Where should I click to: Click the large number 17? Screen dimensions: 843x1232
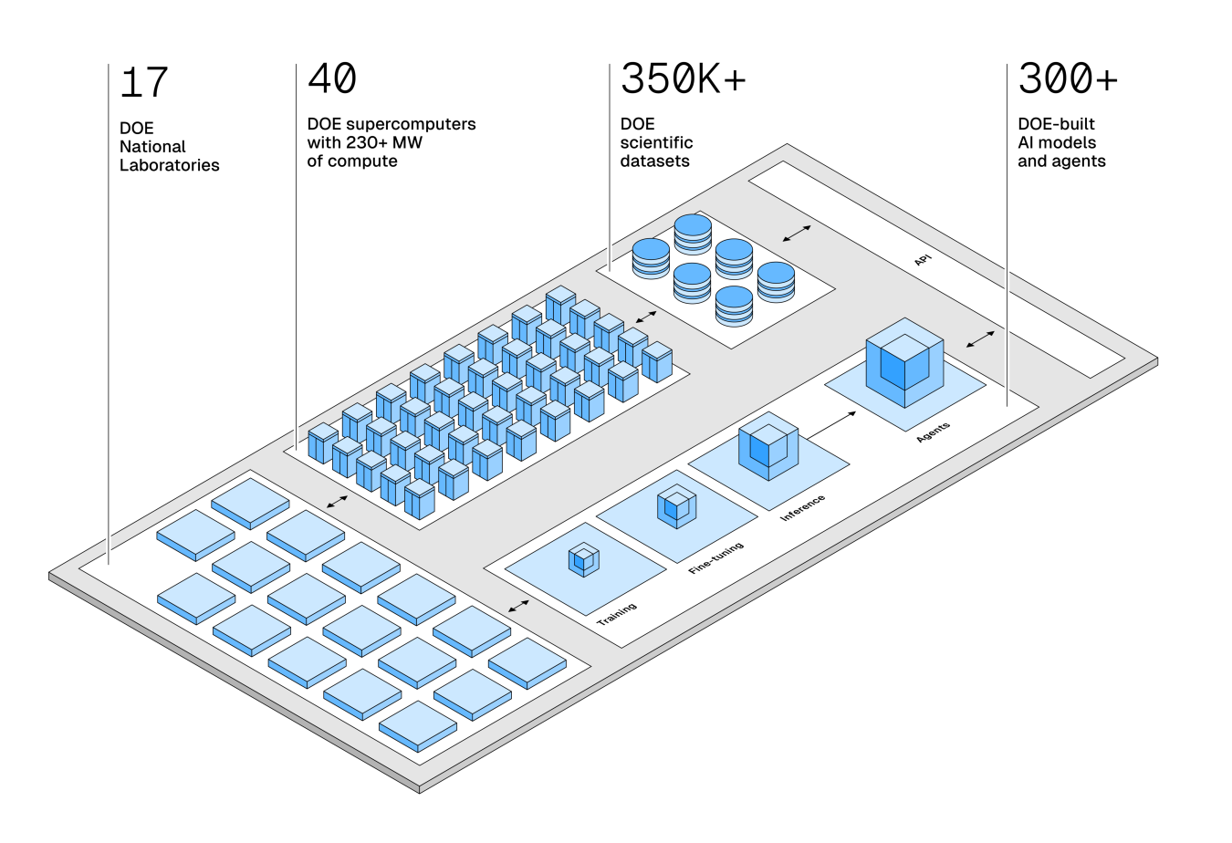point(144,83)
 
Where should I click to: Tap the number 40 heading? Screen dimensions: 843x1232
point(332,79)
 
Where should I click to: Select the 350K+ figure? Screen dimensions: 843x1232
point(683,79)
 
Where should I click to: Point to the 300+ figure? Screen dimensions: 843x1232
point(1067,79)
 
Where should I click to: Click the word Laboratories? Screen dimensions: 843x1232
point(170,165)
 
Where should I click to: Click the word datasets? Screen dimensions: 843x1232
point(654,161)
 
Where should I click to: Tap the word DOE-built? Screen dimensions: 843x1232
point(1056,124)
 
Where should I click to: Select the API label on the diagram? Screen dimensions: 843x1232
point(923,260)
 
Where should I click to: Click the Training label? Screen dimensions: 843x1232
point(617,613)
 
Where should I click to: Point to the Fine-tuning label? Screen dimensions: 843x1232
point(716,557)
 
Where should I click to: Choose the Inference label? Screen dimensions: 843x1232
point(803,507)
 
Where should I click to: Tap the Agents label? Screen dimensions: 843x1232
point(934,432)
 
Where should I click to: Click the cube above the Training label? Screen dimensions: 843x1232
point(584,559)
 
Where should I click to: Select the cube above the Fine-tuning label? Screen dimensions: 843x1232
point(676,507)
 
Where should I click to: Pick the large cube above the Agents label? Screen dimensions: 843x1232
point(904,361)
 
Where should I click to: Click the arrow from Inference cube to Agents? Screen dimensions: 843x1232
point(833,424)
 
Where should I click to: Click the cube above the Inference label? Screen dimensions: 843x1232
point(768,446)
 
